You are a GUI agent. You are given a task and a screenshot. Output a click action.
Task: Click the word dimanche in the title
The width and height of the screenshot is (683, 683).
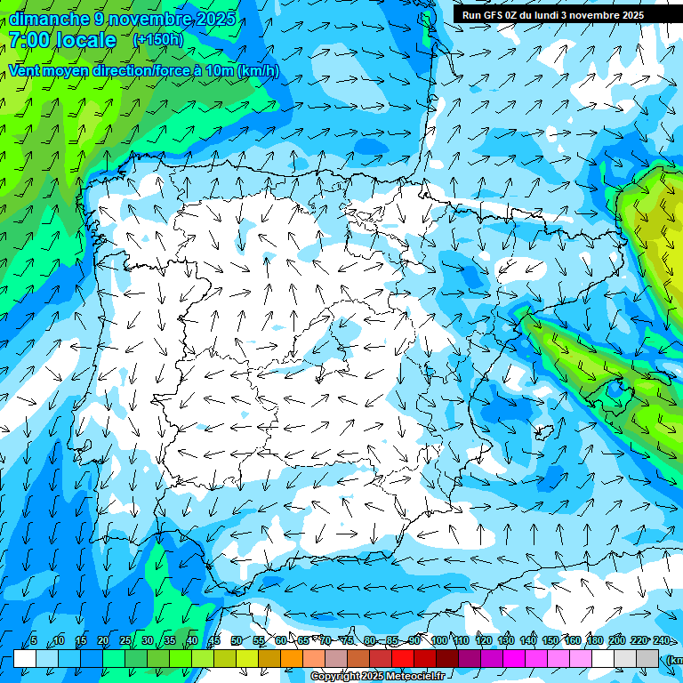[49, 19]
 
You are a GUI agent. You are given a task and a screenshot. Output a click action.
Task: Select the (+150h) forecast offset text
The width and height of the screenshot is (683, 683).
[157, 39]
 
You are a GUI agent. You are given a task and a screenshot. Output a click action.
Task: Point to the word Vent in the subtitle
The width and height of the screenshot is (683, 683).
[26, 70]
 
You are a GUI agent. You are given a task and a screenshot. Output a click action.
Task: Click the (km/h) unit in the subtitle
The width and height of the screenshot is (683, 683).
[258, 70]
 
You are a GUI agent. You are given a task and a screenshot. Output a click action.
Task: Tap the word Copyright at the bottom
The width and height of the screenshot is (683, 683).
[339, 677]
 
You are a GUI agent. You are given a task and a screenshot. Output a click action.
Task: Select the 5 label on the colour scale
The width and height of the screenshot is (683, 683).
[34, 640]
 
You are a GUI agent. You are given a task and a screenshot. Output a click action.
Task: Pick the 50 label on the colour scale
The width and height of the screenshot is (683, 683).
[236, 640]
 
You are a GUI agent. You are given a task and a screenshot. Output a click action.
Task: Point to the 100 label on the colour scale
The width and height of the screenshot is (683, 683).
[438, 640]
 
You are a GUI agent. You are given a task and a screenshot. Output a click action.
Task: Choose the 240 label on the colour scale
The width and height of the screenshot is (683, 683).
[662, 640]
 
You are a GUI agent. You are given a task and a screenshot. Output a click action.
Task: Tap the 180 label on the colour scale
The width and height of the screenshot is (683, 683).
[594, 640]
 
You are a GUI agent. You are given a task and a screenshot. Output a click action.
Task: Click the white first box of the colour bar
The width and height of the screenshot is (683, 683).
[25, 658]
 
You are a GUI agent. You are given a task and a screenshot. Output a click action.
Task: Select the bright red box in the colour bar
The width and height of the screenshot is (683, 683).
[403, 658]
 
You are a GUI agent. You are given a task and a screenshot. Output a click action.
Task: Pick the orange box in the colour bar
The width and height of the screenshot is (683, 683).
[292, 658]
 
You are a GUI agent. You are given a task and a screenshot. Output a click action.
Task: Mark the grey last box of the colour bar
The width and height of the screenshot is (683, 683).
[647, 658]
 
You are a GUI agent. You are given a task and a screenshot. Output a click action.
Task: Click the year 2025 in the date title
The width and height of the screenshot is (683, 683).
[215, 19]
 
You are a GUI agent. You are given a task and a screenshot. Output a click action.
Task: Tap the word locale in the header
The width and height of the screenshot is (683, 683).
[86, 40]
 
